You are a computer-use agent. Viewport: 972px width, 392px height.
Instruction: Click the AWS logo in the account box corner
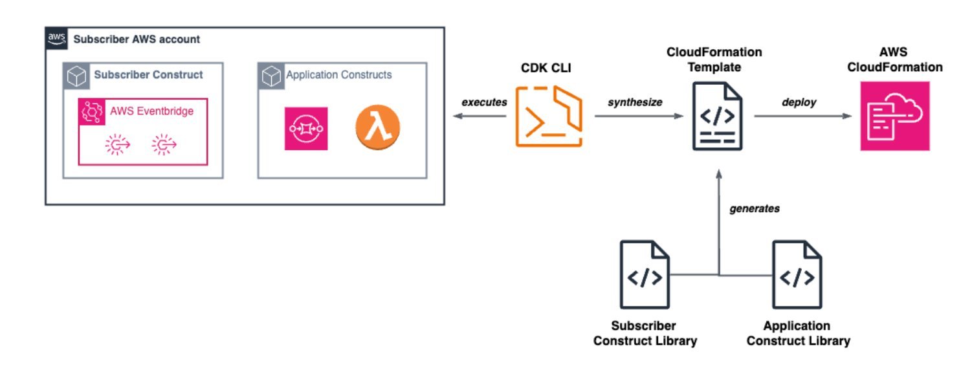coord(56,38)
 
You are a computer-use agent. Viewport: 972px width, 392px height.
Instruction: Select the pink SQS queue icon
coord(306,128)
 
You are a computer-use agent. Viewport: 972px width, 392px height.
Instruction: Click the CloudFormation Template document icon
coord(717,116)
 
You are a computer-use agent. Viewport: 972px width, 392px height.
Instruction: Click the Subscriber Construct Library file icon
coord(645,274)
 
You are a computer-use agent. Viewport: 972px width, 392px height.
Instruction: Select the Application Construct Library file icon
coord(797,274)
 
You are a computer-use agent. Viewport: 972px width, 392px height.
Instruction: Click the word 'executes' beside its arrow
coord(484,102)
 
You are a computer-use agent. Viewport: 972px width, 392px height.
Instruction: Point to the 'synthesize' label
coord(634,102)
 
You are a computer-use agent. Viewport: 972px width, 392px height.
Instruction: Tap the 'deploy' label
coord(799,102)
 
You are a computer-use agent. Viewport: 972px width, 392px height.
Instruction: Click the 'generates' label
coord(755,208)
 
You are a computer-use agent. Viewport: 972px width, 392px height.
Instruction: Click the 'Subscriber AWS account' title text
coord(137,39)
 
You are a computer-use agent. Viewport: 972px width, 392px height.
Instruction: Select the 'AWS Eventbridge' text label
coord(151,111)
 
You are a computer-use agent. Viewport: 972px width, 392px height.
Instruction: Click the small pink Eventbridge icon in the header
coord(91,112)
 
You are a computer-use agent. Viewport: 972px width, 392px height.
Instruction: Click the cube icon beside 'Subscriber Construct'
coord(76,76)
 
